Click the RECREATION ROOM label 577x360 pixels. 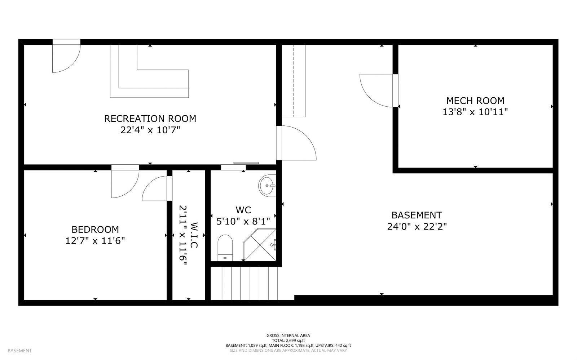coord(150,119)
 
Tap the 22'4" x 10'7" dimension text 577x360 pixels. coord(150,130)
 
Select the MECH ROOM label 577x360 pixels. coord(475,101)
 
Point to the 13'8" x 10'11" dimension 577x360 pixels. coord(475,112)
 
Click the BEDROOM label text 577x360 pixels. coord(95,229)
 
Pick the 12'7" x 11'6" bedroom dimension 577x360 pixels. coord(95,241)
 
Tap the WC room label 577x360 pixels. coord(243,210)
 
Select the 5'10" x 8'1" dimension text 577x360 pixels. coord(243,221)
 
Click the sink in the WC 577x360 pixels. coord(267,186)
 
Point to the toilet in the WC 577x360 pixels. coord(225,248)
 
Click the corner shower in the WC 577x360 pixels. coord(260,245)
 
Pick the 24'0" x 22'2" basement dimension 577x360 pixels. coord(417,227)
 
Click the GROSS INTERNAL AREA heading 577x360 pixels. coord(288,335)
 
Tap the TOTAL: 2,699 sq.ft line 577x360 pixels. coord(288,341)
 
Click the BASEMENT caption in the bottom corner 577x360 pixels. coord(19,351)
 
